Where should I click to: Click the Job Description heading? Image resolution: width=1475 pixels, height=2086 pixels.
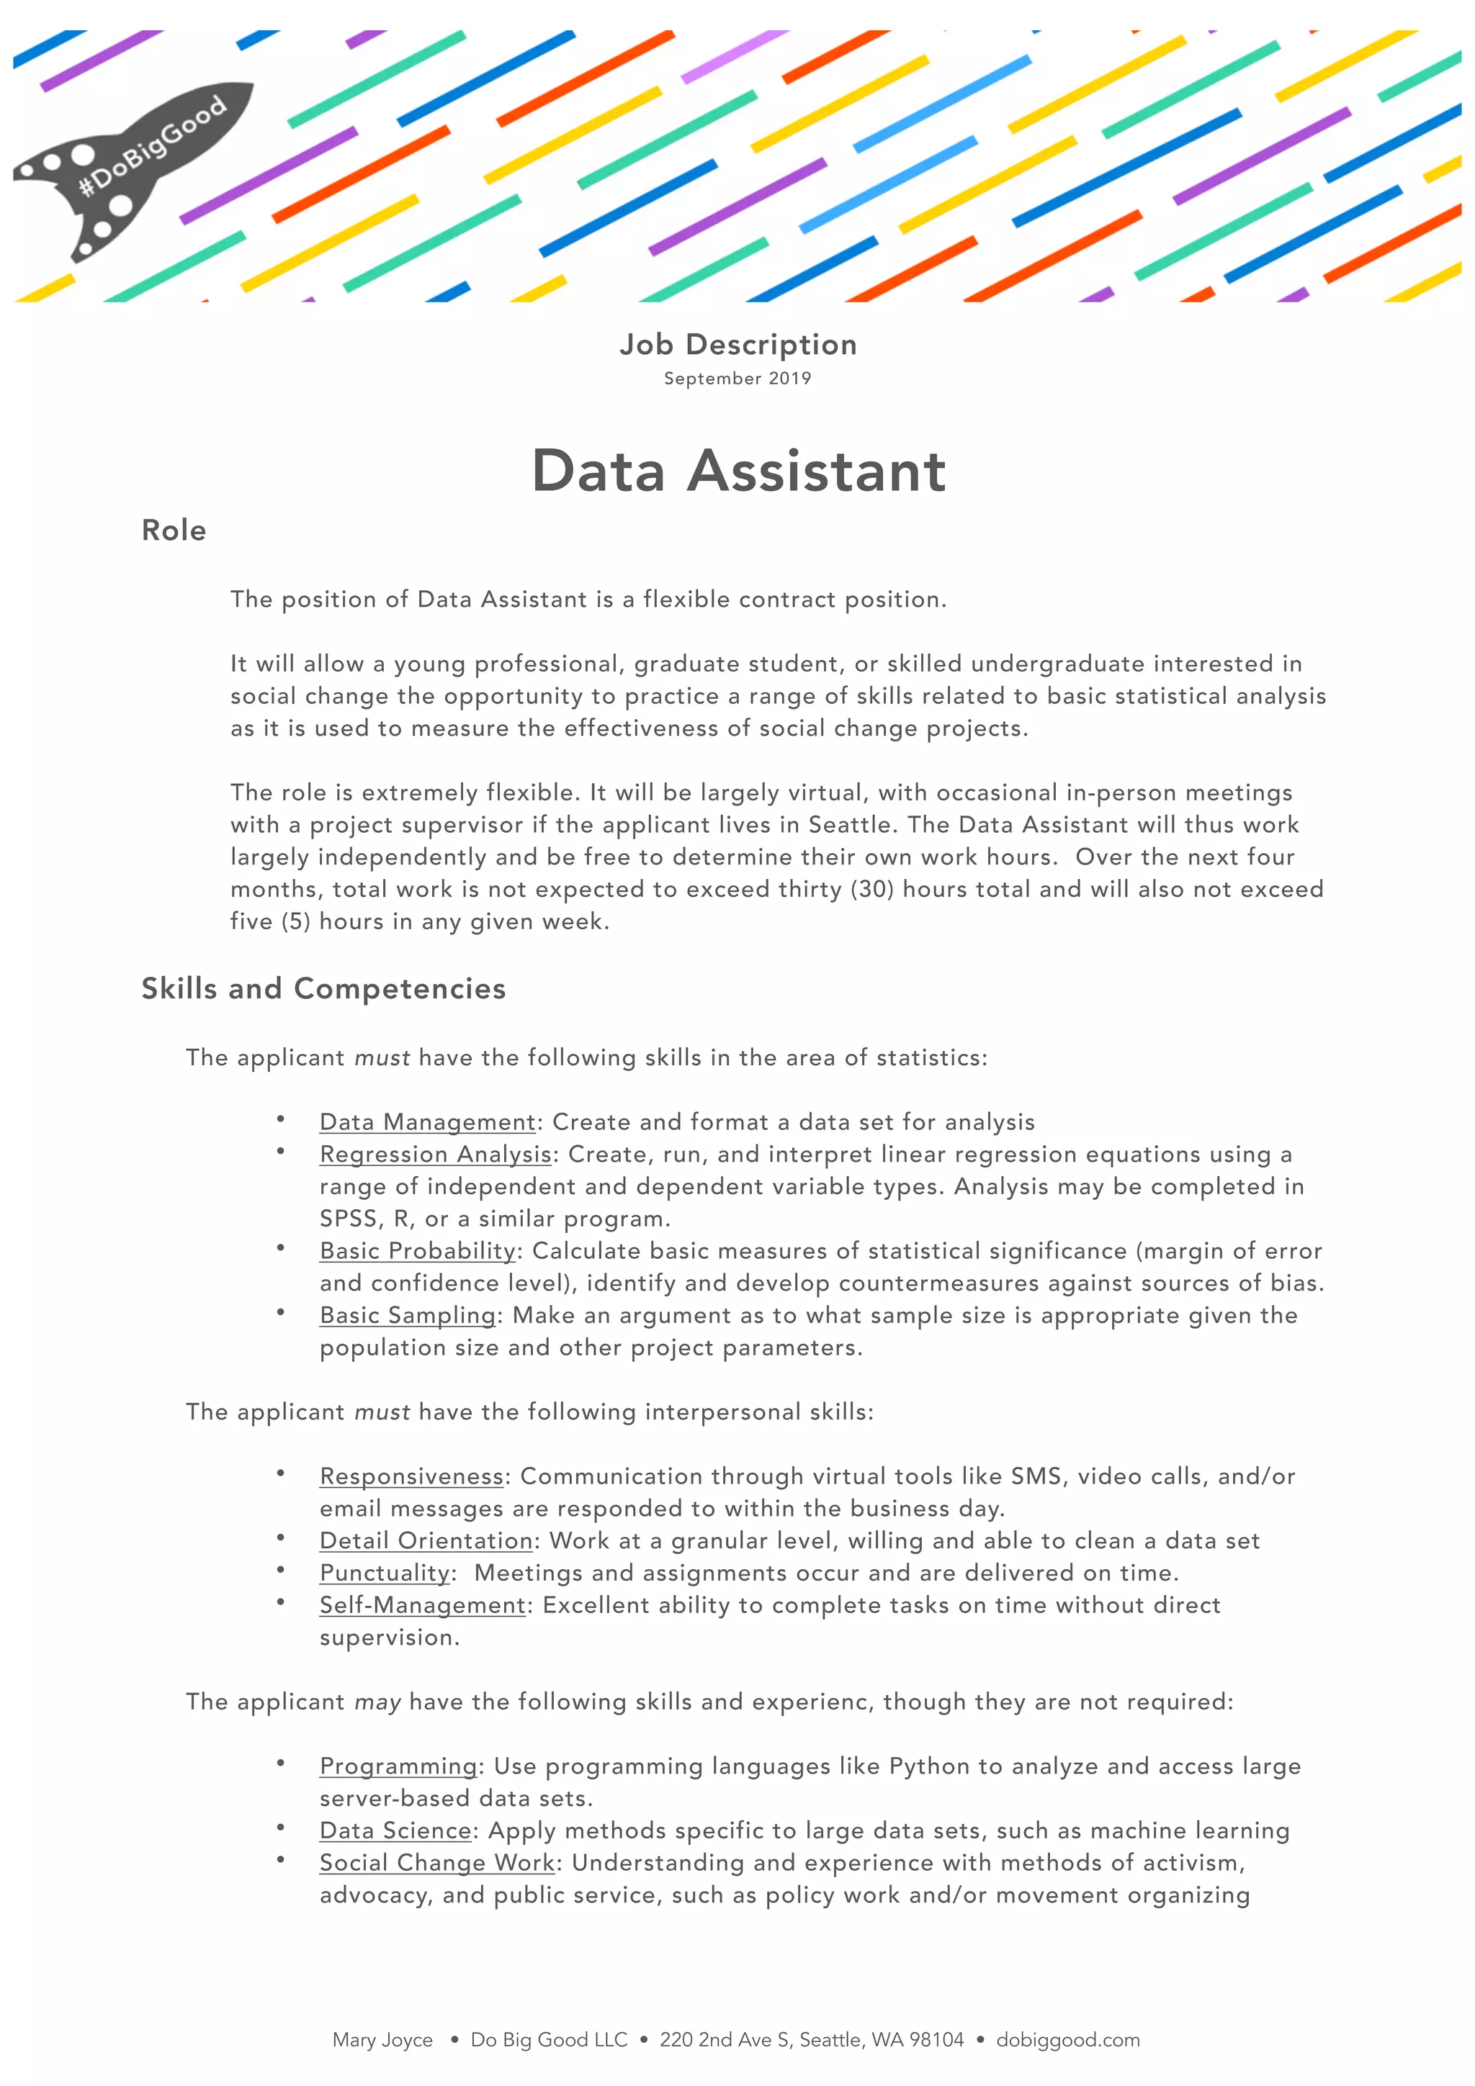[x=737, y=344]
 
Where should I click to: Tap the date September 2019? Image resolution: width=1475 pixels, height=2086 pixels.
[x=737, y=378]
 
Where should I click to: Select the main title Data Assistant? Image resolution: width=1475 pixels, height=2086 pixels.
[x=738, y=471]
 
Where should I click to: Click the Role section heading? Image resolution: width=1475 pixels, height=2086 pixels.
[x=174, y=530]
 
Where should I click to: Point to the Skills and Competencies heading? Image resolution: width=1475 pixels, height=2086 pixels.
[x=323, y=988]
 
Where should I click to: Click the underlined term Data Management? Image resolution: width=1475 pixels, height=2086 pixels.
[x=427, y=1122]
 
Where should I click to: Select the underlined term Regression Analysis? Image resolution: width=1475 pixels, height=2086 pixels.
[x=435, y=1154]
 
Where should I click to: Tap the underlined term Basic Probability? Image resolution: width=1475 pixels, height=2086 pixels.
[x=417, y=1251]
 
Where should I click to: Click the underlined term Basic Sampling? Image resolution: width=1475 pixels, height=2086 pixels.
[x=407, y=1316]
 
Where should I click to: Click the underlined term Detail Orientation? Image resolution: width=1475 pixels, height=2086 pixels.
[x=426, y=1541]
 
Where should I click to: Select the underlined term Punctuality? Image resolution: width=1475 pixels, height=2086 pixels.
[x=385, y=1573]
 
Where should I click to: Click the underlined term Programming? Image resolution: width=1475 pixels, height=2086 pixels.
[x=398, y=1766]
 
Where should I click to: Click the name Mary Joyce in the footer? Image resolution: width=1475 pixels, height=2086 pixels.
[x=382, y=2040]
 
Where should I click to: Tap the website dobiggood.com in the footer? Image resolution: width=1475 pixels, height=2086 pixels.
[x=1068, y=2040]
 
